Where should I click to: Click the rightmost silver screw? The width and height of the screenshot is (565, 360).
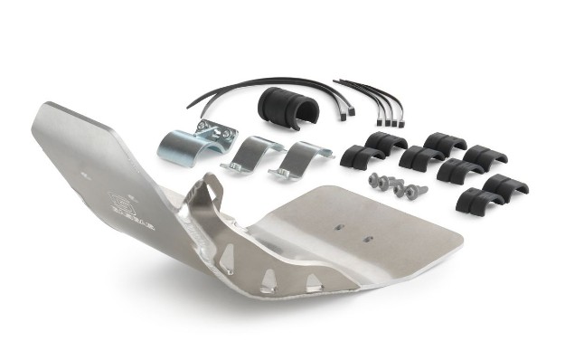(418, 191)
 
